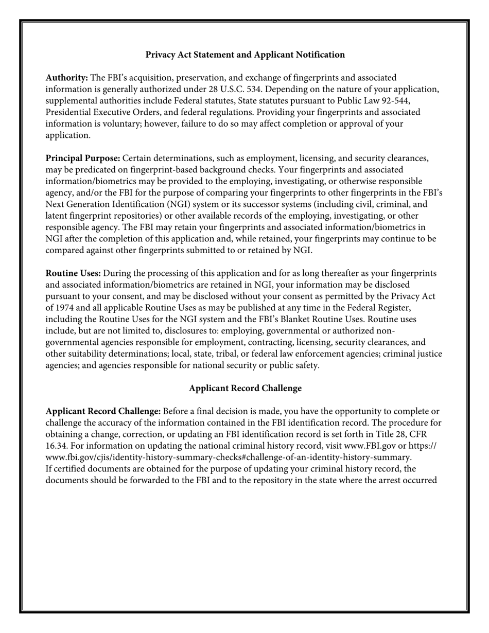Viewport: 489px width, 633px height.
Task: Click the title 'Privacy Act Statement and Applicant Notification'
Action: (245, 55)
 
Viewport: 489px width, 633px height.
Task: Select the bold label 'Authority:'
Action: (67, 78)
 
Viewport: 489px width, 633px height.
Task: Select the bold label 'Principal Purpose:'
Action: (83, 158)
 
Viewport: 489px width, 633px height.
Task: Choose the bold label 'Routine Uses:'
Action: (73, 273)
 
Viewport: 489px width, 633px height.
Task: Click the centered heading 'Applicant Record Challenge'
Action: (245, 388)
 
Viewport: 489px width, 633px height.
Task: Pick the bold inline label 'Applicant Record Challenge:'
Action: (103, 411)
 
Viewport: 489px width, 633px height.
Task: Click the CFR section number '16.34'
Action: (57, 446)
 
